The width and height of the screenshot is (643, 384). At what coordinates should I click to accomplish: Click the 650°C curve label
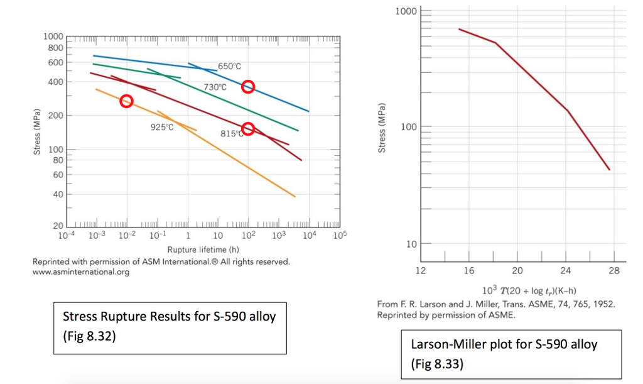(229, 66)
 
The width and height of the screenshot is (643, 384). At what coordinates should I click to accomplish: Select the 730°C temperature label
(215, 87)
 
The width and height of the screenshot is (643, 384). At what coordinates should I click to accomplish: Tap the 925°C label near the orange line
(161, 127)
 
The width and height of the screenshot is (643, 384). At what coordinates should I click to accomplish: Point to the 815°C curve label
(232, 133)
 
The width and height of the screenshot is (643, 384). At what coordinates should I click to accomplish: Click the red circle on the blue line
(248, 87)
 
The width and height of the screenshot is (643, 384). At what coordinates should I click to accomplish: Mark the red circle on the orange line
(126, 101)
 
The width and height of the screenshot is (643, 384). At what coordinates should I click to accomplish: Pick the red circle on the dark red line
(248, 128)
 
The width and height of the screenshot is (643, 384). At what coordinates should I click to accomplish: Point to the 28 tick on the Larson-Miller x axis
(613, 271)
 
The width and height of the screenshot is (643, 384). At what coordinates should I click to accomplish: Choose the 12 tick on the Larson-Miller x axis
(421, 271)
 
